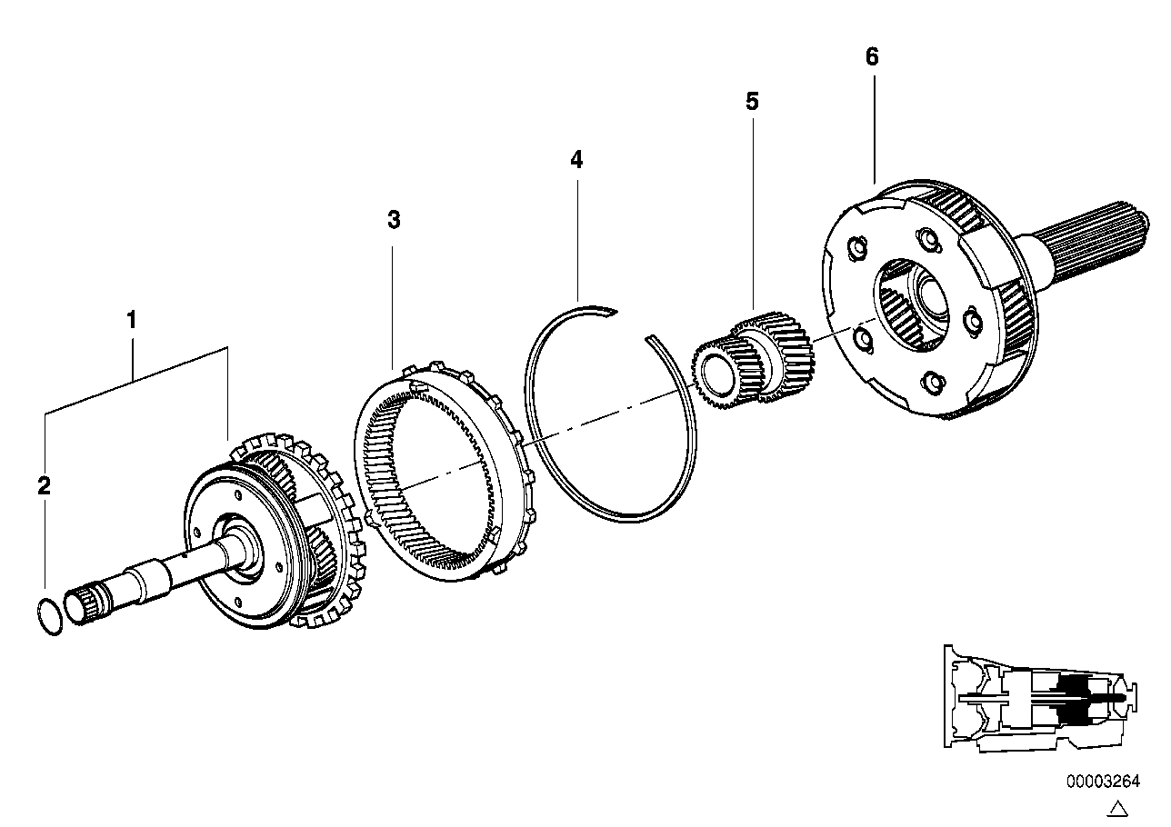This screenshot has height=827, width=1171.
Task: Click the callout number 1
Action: tap(132, 320)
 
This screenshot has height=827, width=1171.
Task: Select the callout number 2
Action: tap(44, 485)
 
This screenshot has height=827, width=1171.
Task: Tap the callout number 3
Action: tap(393, 220)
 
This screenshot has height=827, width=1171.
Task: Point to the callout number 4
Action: tap(576, 160)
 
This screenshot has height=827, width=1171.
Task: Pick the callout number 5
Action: tap(752, 101)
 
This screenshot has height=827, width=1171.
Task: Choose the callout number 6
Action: tap(872, 57)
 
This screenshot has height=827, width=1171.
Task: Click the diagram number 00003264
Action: tap(1104, 781)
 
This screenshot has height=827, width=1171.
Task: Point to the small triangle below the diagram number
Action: tap(1119, 808)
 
